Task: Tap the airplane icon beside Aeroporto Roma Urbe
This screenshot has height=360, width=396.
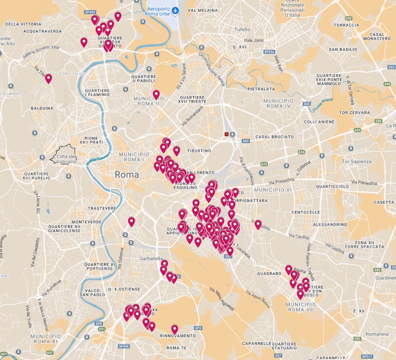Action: pyautogui.click(x=175, y=11)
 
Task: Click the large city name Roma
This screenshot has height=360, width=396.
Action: pyautogui.click(x=127, y=175)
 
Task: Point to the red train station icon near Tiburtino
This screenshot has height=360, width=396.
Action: pyautogui.click(x=227, y=134)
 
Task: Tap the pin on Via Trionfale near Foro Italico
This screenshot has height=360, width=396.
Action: pyautogui.click(x=49, y=78)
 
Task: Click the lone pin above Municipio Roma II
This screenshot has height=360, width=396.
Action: pyautogui.click(x=156, y=94)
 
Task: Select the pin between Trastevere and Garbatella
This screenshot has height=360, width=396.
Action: pyautogui.click(x=131, y=222)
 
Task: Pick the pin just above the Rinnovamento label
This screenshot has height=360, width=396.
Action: pyautogui.click(x=175, y=329)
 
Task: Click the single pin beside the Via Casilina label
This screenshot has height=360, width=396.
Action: pyautogui.click(x=258, y=225)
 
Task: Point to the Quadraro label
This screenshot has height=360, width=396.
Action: pyautogui.click(x=269, y=273)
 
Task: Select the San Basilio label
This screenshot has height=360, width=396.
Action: pyautogui.click(x=343, y=49)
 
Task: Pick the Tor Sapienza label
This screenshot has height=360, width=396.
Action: pyautogui.click(x=356, y=162)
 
